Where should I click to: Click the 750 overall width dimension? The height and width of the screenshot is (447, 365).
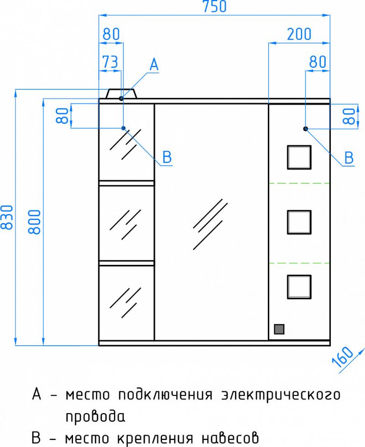pyautogui.click(x=214, y=7)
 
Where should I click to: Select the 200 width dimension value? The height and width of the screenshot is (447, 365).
pyautogui.click(x=299, y=34)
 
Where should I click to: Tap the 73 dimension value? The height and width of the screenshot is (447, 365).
pyautogui.click(x=109, y=62)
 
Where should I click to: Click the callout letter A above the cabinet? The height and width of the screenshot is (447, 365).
pyautogui.click(x=154, y=65)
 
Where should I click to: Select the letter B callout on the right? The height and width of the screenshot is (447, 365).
pyautogui.click(x=349, y=158)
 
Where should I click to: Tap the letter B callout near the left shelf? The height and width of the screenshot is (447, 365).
pyautogui.click(x=167, y=158)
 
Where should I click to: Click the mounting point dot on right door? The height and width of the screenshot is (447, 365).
pyautogui.click(x=306, y=129)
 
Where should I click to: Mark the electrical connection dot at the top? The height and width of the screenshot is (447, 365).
pyautogui.click(x=121, y=98)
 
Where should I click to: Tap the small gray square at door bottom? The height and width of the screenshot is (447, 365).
pyautogui.click(x=278, y=329)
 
